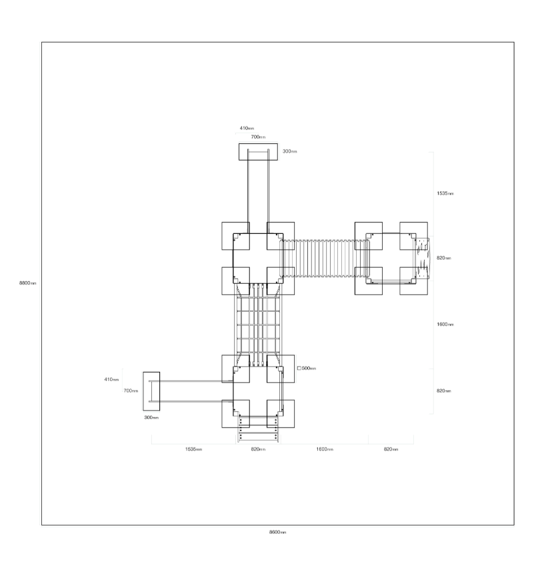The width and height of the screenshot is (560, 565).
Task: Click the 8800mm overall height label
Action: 28,283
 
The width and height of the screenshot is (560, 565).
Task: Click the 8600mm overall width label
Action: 277,532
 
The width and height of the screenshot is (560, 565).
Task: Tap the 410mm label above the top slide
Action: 247,129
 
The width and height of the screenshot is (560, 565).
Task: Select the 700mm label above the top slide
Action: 258,137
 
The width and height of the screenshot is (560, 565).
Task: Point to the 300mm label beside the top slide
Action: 289,151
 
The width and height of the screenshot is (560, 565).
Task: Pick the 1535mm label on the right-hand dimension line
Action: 445,193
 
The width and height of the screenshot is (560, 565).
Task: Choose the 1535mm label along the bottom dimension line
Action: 193,449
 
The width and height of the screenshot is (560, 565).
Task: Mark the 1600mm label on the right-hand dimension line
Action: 445,324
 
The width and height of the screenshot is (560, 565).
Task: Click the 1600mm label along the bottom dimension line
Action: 325,449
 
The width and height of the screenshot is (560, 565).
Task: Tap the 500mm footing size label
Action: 309,368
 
